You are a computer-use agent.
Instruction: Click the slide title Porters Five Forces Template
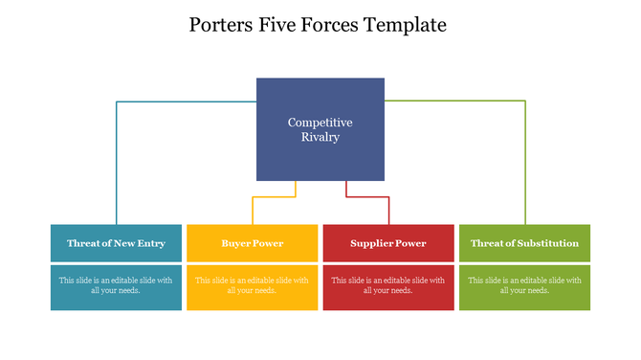coord(320,25)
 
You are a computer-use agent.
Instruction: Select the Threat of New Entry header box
coord(116,243)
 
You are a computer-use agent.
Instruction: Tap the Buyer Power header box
coord(253,243)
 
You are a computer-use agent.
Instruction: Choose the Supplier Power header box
coord(388,243)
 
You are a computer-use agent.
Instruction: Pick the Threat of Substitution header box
coord(524,243)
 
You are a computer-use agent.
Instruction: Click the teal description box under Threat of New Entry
coord(116,287)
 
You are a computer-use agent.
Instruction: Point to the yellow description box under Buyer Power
coord(253,287)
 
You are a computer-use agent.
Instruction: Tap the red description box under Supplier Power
coord(388,287)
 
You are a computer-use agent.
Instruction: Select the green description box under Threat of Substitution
coord(524,287)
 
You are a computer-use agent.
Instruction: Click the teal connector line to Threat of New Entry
coord(117,153)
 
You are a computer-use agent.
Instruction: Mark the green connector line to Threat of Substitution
coord(525,153)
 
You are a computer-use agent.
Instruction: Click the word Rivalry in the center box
coord(320,137)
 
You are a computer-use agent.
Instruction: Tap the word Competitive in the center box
coord(320,123)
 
